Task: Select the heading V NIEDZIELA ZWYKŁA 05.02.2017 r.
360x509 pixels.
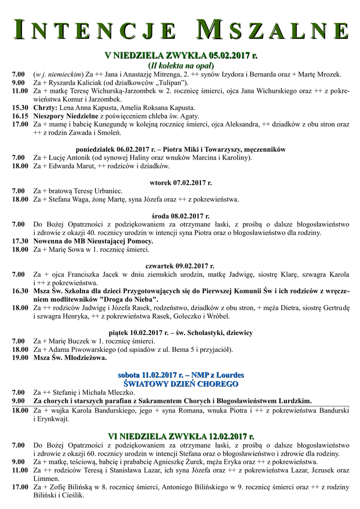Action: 180,55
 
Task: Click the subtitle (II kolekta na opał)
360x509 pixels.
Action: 180,65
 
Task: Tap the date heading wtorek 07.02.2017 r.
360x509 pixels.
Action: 180,182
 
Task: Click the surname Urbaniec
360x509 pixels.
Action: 106,191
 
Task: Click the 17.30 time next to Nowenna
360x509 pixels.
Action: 19,241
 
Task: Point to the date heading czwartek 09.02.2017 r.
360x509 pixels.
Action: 180,266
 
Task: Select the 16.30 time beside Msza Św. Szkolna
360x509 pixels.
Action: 19,291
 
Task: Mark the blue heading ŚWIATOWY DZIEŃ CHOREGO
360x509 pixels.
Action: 180,384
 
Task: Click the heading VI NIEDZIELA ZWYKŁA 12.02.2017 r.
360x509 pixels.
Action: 180,436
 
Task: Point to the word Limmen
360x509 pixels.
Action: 45,478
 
